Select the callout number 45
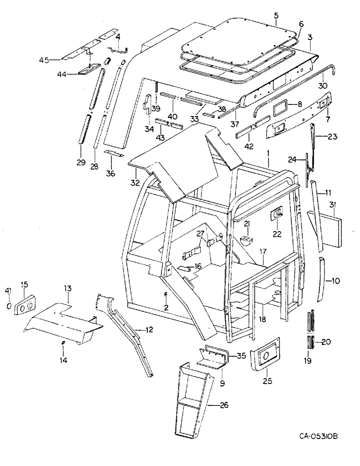pyautogui.click(x=43, y=60)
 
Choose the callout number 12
pyautogui.click(x=148, y=330)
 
